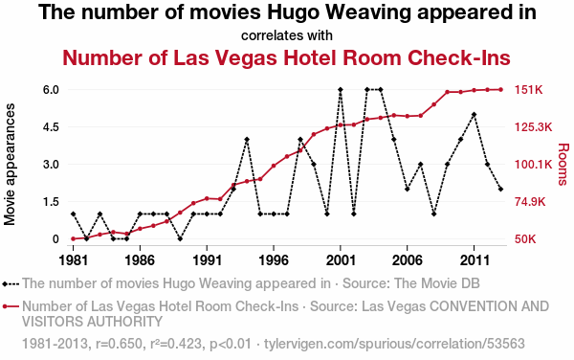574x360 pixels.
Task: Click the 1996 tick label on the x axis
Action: coord(274,260)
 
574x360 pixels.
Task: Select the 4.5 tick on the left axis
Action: coord(51,127)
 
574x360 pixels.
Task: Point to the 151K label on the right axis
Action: coord(529,90)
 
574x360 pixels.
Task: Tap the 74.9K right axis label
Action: coord(530,202)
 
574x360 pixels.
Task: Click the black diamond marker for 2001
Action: coord(341,89)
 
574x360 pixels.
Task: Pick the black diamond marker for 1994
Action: coord(247,139)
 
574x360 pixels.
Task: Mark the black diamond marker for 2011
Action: coord(475,115)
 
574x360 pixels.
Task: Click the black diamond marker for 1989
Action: coord(180,238)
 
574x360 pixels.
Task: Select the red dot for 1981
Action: coord(74,238)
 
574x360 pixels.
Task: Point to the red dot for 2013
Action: coord(500,89)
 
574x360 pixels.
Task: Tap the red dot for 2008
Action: coord(433,104)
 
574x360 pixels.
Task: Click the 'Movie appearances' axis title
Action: coord(10,164)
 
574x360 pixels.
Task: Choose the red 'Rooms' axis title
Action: coord(563,164)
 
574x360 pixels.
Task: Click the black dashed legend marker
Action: coord(11,283)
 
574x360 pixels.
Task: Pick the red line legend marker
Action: coord(11,306)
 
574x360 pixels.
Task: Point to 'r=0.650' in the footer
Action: coord(119,344)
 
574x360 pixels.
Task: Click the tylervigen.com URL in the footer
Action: coord(394,344)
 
